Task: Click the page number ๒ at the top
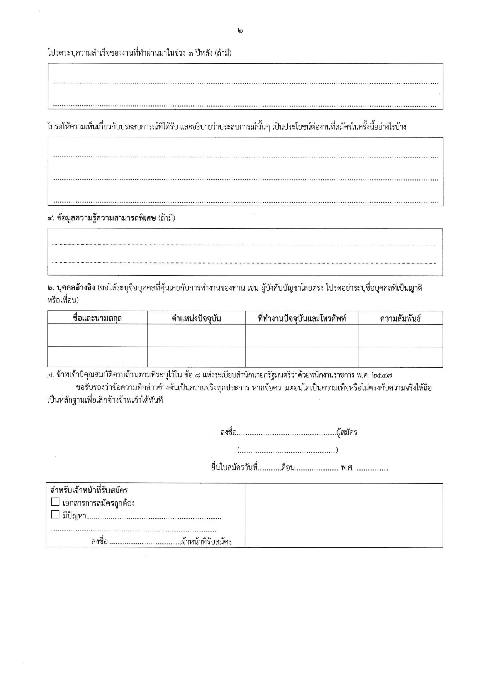241,30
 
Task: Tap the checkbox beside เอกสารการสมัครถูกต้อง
55,502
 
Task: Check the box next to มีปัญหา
55,515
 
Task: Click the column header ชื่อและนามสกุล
97,318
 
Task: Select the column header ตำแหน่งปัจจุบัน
196,318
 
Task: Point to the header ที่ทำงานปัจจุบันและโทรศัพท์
302,318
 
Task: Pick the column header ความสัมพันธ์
400,318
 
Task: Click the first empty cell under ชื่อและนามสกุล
97,335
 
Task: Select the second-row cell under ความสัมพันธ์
400,357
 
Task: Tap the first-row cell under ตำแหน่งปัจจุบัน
196,335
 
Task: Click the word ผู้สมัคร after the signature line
347,432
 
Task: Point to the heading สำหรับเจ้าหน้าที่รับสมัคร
89,490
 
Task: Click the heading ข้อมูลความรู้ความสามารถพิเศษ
106,218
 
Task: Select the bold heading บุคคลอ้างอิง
76,288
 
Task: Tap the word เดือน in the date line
287,468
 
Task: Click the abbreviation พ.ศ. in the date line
347,468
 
